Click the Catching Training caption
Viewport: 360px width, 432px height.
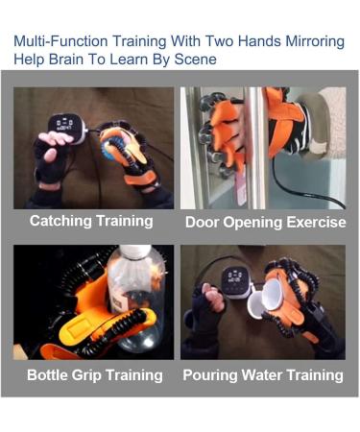click(91, 221)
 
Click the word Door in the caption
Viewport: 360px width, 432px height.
click(205, 222)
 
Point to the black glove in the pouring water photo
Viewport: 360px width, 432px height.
click(206, 307)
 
